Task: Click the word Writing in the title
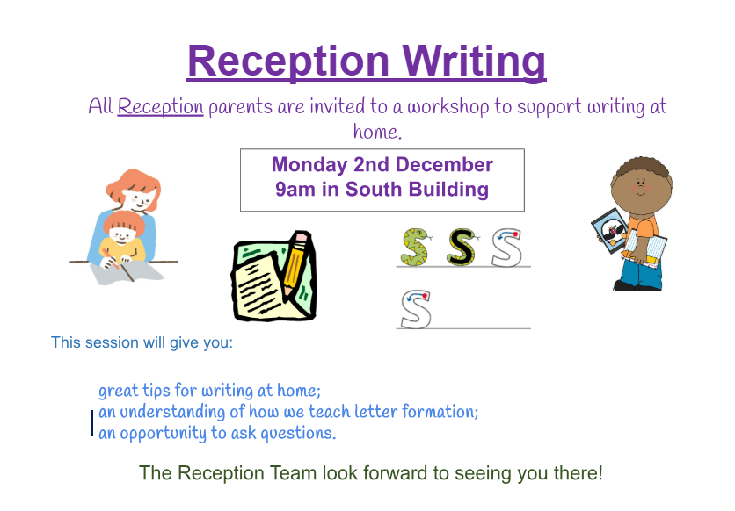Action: point(474,61)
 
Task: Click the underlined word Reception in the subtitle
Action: point(160,107)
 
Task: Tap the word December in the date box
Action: point(444,165)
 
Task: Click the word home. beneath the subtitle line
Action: point(377,132)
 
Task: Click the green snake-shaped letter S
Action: point(416,248)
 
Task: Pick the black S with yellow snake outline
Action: point(462,248)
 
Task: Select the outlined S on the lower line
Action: point(416,310)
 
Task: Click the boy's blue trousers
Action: point(641,275)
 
